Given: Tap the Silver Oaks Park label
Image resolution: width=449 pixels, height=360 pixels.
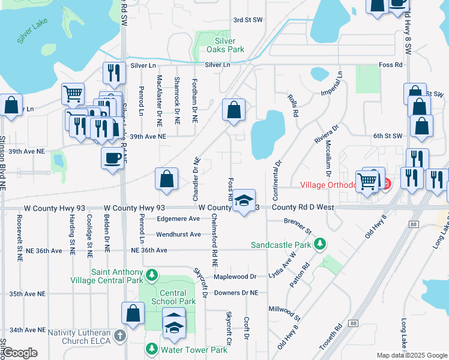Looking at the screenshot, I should [230, 45].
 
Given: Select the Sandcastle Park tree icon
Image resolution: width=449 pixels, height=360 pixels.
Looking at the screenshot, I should [321, 244].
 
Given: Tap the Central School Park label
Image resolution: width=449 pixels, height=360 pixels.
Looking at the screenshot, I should [178, 297].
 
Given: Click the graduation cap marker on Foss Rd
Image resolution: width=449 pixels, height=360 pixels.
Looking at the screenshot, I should [244, 201].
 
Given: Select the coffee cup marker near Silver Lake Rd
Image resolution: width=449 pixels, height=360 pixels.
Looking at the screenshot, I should [113, 158].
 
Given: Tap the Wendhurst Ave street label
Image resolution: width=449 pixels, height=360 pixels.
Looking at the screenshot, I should [178, 234].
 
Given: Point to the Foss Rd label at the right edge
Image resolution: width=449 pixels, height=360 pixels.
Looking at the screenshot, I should [390, 65].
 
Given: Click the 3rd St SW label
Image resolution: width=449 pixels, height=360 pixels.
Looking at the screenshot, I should [248, 20].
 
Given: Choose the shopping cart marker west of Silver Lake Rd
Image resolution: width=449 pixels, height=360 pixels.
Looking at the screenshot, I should [73, 94].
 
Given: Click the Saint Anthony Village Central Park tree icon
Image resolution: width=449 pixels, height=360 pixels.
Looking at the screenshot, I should [152, 275].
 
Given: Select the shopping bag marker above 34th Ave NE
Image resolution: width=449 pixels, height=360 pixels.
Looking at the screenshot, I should [133, 313].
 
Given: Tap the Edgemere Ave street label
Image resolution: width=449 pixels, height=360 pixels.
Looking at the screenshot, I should [178, 219].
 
